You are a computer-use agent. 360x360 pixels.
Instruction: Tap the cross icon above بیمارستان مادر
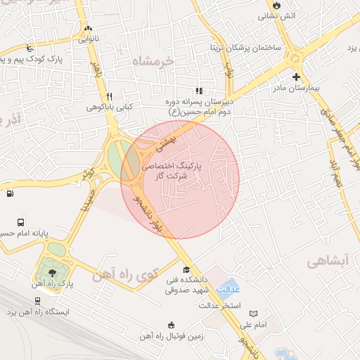click(x=295, y=77)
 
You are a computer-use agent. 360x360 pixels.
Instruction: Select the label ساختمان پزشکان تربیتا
click(x=245, y=48)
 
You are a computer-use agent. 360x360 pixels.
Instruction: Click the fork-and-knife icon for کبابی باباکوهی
click(x=109, y=96)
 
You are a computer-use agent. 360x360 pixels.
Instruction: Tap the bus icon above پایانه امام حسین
click(x=20, y=221)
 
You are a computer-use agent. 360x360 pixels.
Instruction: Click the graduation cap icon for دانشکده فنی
click(x=186, y=270)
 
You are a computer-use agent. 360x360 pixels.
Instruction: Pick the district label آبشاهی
click(x=327, y=261)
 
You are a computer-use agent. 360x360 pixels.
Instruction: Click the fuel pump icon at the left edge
click(x=10, y=193)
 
